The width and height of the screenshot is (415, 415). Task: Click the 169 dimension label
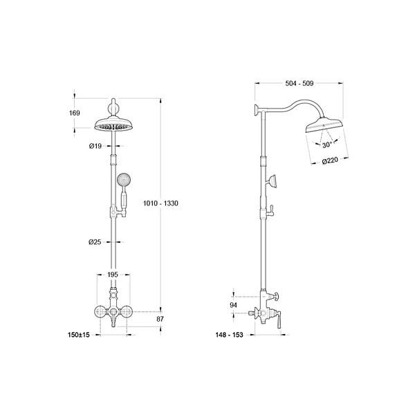(x=75, y=113)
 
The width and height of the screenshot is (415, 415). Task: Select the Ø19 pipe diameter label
(x=95, y=146)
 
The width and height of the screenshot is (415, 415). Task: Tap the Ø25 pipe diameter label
(x=95, y=242)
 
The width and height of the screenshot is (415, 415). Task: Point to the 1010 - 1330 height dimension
(x=160, y=203)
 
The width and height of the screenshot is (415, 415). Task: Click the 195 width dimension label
(x=113, y=275)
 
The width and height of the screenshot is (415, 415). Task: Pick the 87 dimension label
(x=160, y=319)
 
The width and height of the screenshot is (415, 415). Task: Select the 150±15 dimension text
(x=79, y=335)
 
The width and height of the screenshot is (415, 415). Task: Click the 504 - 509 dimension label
(x=299, y=84)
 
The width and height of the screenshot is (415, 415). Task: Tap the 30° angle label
(x=327, y=145)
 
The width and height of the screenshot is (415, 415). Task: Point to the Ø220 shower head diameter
(x=330, y=160)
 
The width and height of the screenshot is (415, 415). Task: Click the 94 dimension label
(x=233, y=305)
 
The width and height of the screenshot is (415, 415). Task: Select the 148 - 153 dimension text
(x=229, y=335)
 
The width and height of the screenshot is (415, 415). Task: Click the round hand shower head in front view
(x=124, y=179)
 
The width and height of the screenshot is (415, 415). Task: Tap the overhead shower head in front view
(x=113, y=124)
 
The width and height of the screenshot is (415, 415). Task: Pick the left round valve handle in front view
(x=101, y=312)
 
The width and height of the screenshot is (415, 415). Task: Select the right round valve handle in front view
(x=127, y=312)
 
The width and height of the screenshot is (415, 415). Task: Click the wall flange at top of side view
(x=257, y=109)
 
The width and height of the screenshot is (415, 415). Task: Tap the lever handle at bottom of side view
(x=279, y=321)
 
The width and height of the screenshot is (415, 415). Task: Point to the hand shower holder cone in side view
(x=272, y=181)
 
